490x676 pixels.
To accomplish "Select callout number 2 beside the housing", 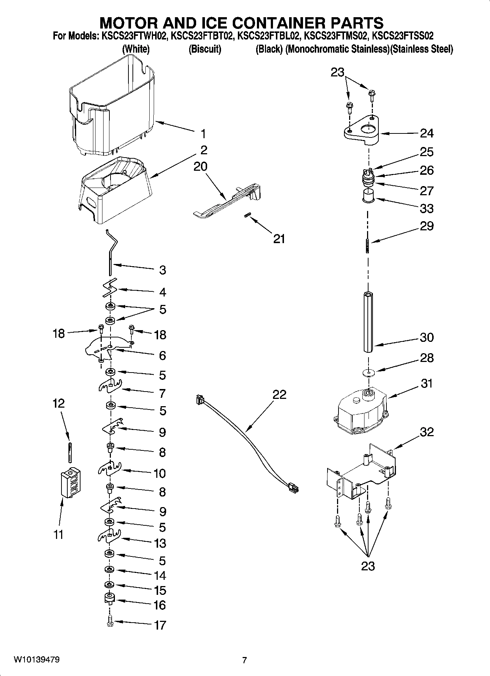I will (x=204, y=150).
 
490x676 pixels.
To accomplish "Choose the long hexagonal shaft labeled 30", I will (x=368, y=322).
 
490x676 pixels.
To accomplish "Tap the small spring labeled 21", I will (x=247, y=216).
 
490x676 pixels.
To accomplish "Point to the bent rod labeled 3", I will (x=110, y=252).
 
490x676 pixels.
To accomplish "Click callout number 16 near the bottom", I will (x=160, y=605).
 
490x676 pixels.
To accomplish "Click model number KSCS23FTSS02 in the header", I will (x=403, y=36).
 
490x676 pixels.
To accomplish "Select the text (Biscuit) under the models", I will (x=205, y=49).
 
